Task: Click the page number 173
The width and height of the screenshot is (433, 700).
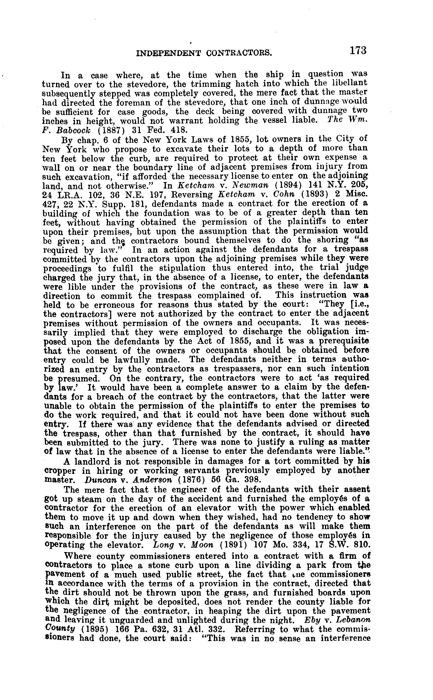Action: (x=358, y=51)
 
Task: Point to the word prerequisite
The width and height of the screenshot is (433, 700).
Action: (x=344, y=341)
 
